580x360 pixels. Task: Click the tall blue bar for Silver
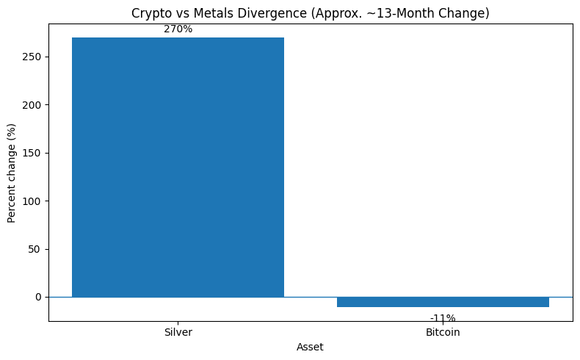(178, 168)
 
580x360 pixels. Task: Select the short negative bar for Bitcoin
(443, 302)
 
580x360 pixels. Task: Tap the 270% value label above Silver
(178, 29)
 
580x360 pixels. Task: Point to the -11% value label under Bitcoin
(443, 318)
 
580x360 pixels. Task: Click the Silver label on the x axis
(178, 332)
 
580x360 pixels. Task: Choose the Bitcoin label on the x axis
(443, 332)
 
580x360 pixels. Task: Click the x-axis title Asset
(310, 346)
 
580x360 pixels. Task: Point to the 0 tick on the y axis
(39, 297)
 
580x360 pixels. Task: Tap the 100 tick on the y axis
(33, 201)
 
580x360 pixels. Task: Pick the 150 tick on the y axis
(33, 153)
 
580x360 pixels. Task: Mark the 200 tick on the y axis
(33, 104)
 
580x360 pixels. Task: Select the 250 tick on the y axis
(33, 57)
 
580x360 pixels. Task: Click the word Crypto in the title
(150, 13)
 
